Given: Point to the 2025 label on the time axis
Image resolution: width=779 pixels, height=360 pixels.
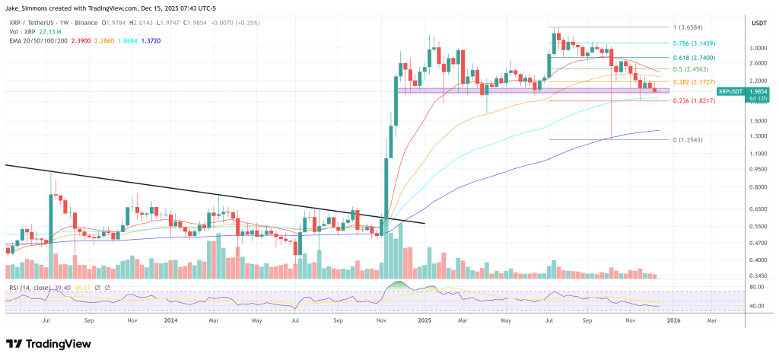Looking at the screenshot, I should click(x=424, y=321).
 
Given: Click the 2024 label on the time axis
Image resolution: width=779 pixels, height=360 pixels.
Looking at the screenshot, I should click(x=171, y=321).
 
